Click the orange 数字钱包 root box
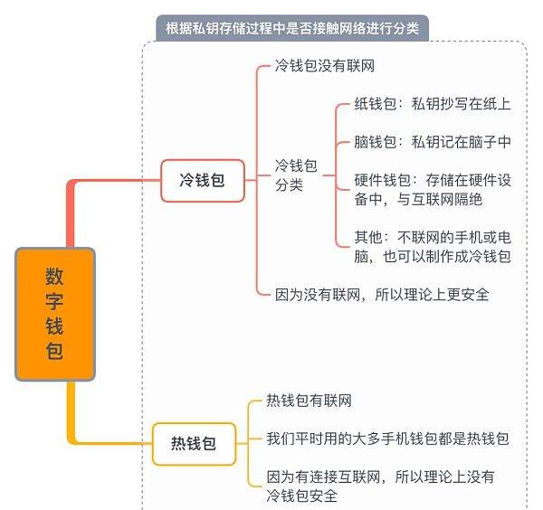[x=55, y=314]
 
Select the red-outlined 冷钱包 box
[x=203, y=180]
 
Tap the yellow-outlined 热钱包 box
[x=194, y=444]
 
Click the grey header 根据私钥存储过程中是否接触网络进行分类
[x=292, y=28]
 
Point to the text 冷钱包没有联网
[x=325, y=65]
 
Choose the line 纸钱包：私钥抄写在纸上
[x=433, y=104]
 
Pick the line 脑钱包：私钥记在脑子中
[x=433, y=142]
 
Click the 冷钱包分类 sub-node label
[x=296, y=175]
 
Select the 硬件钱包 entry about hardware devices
[x=433, y=190]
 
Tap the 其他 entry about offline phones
[x=433, y=247]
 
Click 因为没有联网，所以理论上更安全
[x=382, y=295]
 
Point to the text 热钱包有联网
[x=309, y=401]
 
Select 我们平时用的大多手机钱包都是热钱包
[x=387, y=439]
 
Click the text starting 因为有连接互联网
[x=380, y=486]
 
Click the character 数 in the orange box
[x=54, y=276]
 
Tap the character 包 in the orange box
[x=54, y=352]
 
